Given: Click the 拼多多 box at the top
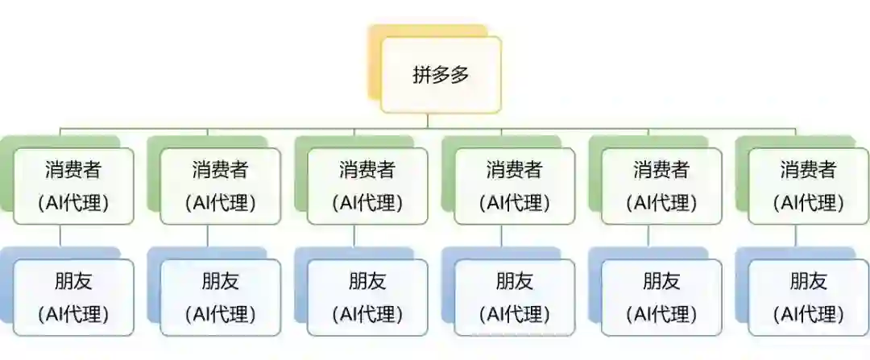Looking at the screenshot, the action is click(x=441, y=74).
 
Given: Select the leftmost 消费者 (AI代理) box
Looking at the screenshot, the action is click(x=72, y=185).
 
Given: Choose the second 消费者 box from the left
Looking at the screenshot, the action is click(x=220, y=185).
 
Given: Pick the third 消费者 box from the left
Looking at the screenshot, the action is click(x=367, y=185).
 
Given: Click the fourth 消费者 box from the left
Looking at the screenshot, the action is click(x=514, y=185).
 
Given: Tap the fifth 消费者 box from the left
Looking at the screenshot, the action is click(x=661, y=185).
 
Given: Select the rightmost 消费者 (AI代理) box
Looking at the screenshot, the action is click(x=808, y=185).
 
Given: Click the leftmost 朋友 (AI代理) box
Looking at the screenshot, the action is click(x=72, y=296).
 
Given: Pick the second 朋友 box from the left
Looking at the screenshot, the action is click(x=220, y=296).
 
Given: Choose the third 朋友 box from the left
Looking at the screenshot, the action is click(x=367, y=296).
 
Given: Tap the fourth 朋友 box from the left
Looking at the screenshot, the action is click(x=514, y=296).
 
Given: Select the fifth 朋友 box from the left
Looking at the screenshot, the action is click(x=661, y=296).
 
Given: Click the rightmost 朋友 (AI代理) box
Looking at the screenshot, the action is click(x=808, y=296).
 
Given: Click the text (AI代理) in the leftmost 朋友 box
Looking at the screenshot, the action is click(x=72, y=313).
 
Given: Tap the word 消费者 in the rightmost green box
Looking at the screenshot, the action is click(x=808, y=170).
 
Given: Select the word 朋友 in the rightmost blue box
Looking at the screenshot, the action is click(x=808, y=281).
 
